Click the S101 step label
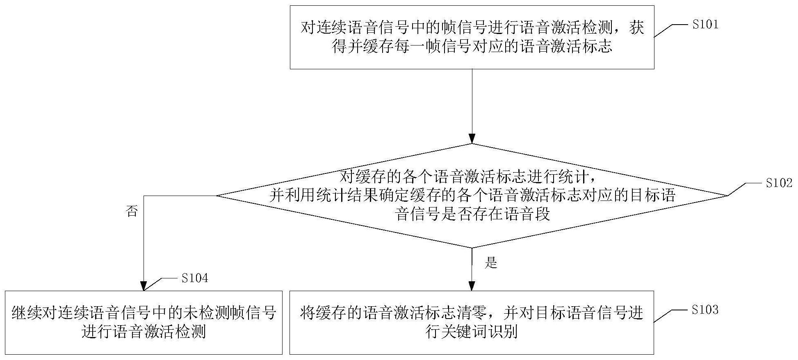tap(705, 25)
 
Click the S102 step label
tap(779, 183)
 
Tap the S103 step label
tap(705, 310)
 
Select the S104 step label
tap(195, 278)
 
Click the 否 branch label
tap(132, 212)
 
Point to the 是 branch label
tap(491, 263)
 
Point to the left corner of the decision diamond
tap(217, 196)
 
